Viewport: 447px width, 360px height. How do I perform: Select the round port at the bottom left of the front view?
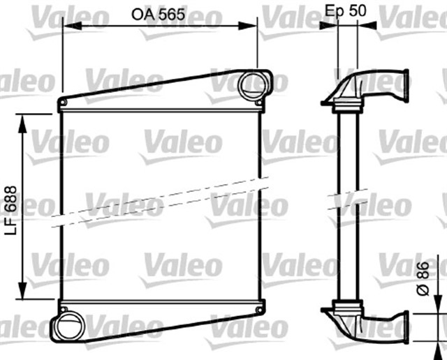(x=68, y=327)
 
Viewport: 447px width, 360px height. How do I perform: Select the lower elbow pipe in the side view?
(x=377, y=325)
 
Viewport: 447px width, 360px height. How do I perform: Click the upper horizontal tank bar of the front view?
(x=161, y=104)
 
